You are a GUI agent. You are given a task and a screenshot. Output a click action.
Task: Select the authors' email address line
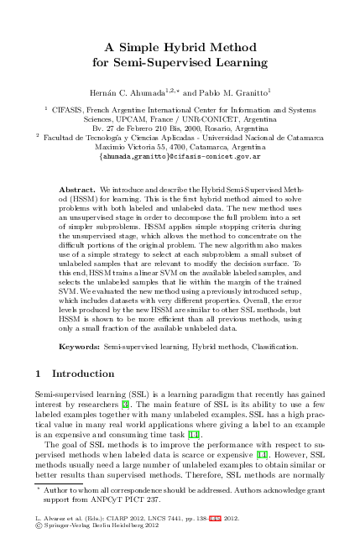(180, 157)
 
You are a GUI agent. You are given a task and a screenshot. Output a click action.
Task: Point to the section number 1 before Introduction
(39, 374)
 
